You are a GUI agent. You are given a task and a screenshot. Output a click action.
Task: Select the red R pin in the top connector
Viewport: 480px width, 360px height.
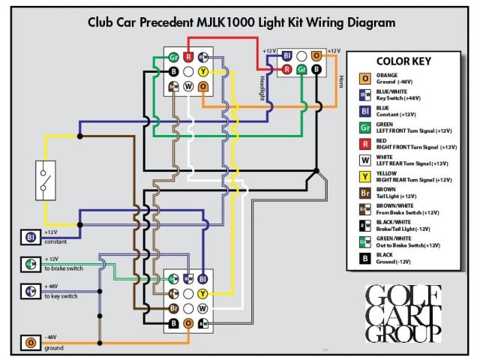click(x=188, y=57)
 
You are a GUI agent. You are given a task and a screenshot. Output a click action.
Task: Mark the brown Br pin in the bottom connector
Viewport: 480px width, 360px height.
click(x=173, y=308)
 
